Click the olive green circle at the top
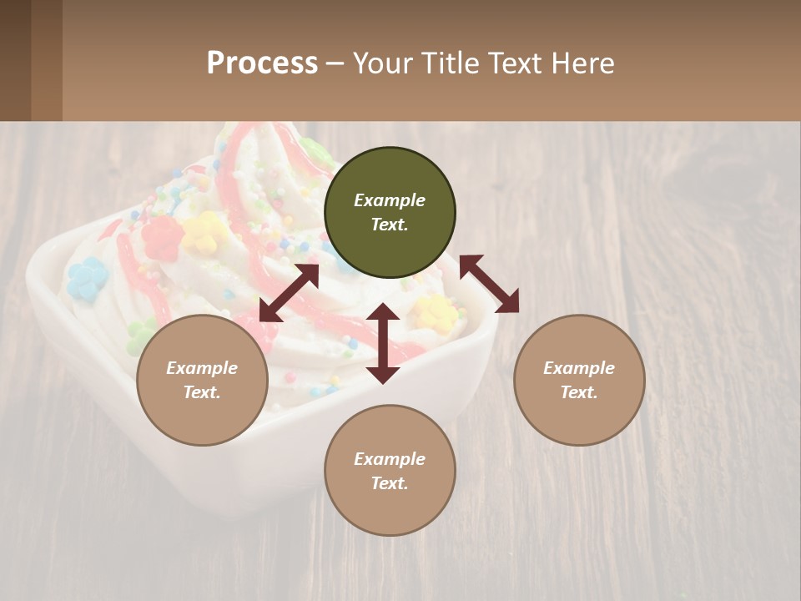click(x=390, y=213)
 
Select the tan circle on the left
click(x=202, y=380)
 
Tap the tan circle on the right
click(x=579, y=380)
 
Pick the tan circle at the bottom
click(x=390, y=471)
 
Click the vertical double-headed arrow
click(x=383, y=343)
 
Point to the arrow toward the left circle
click(x=289, y=293)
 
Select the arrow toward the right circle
click(x=489, y=284)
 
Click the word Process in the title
click(x=262, y=63)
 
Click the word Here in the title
click(x=583, y=63)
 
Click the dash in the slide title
click(x=335, y=63)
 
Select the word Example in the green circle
click(x=390, y=200)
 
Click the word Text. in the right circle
click(x=579, y=392)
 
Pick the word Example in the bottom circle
click(x=390, y=459)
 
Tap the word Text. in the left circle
click(x=202, y=392)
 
